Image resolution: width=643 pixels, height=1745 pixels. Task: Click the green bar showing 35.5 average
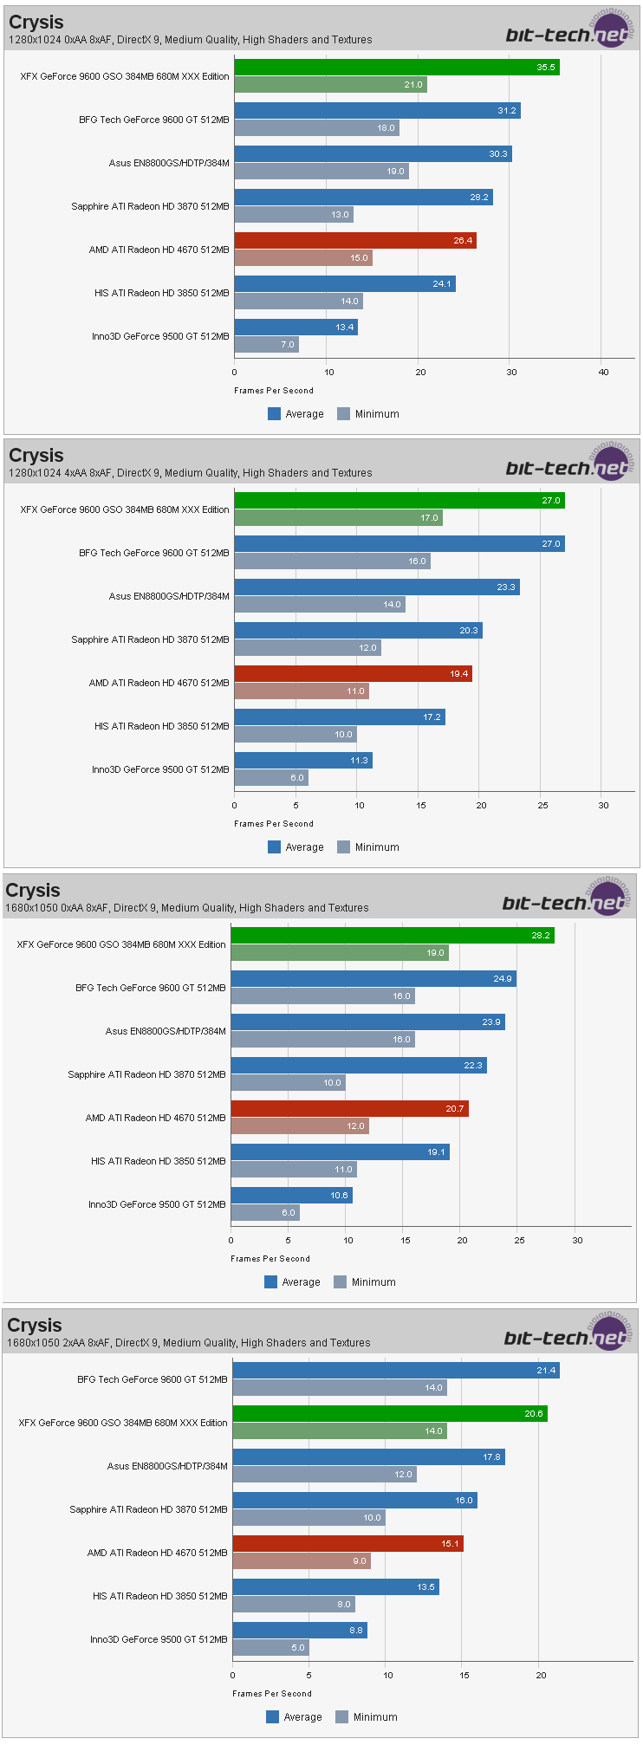[396, 68]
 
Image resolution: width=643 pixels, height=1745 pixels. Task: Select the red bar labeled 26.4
[354, 241]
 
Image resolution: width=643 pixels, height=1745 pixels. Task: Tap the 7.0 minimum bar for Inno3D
[266, 345]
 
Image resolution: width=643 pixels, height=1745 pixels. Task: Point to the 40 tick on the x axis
[603, 373]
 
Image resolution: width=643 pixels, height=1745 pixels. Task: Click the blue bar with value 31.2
[377, 111]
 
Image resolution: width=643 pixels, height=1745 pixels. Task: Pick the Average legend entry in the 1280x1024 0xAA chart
[296, 414]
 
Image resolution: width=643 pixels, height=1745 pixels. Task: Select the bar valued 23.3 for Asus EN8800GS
[376, 587]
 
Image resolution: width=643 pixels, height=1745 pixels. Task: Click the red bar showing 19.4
[353, 674]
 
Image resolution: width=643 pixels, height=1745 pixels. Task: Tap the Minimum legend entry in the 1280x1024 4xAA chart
[368, 847]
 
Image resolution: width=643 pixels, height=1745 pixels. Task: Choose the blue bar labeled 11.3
[302, 761]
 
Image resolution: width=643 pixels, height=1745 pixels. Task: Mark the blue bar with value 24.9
[373, 979]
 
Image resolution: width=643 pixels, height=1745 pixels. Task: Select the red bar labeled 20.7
[349, 1109]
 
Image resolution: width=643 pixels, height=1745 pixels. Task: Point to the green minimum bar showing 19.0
[339, 953]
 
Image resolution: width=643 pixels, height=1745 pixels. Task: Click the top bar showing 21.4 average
[395, 1371]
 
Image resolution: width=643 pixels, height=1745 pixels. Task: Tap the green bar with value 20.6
[389, 1414]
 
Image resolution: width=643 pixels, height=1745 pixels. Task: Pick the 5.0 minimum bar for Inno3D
[270, 1648]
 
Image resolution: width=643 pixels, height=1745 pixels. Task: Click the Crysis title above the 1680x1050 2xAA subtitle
[35, 1326]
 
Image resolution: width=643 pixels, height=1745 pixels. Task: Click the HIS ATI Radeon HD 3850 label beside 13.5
[159, 1596]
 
